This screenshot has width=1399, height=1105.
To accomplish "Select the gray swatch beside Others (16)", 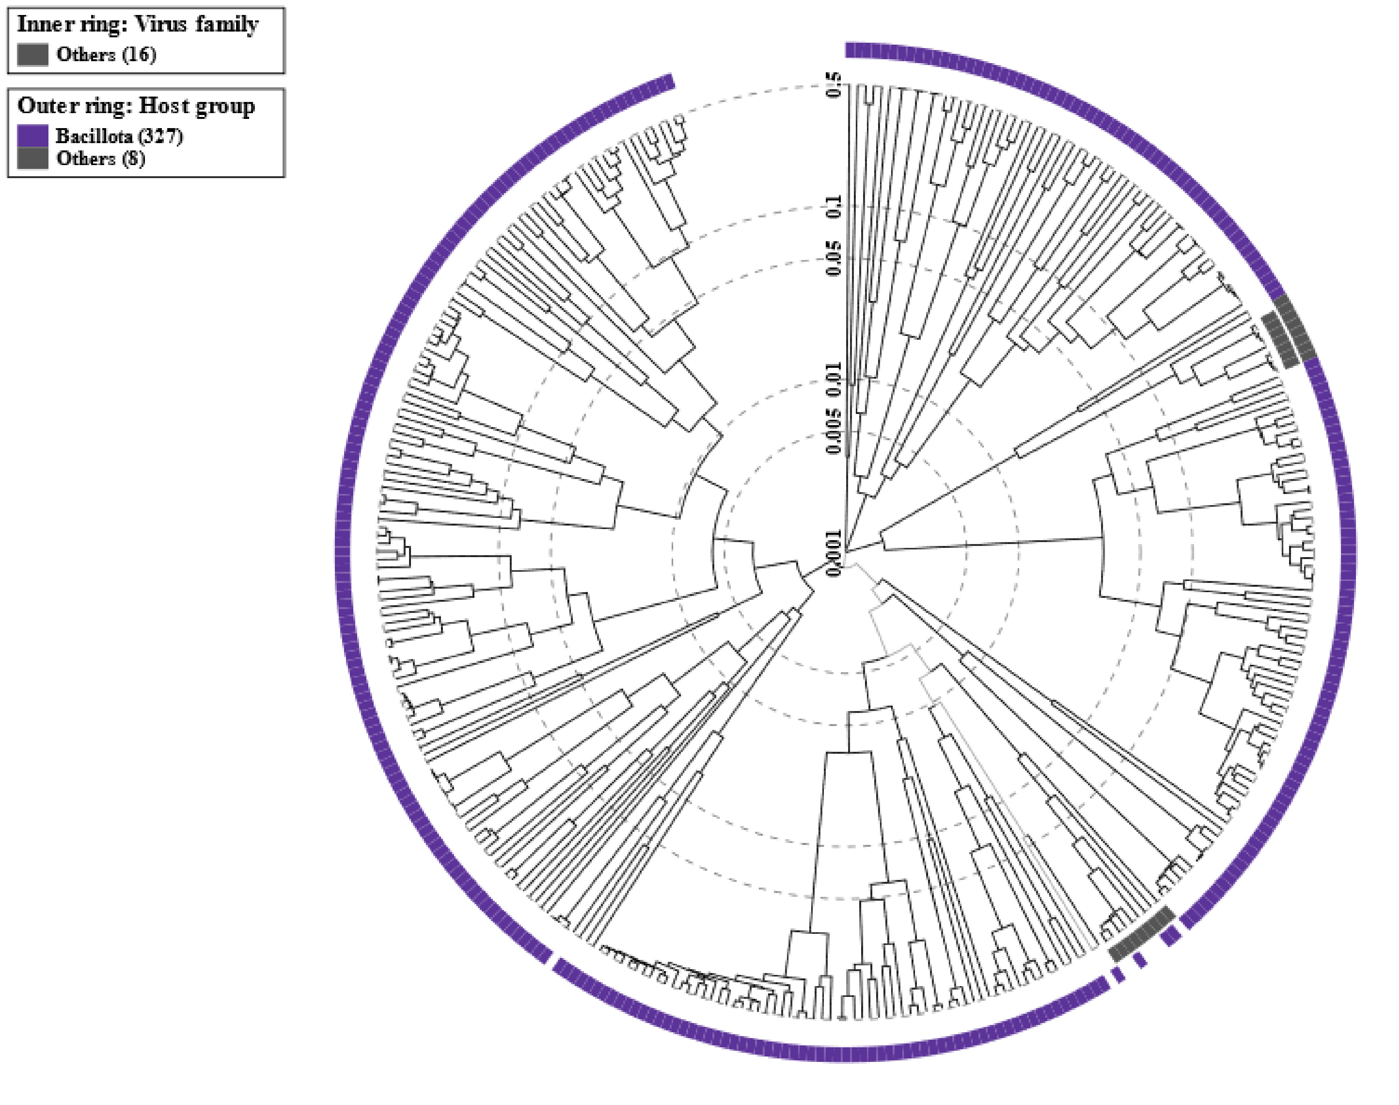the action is pyautogui.click(x=32, y=54).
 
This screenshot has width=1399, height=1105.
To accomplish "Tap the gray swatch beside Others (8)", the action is pyautogui.click(x=32, y=158).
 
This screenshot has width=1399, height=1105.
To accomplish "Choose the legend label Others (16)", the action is pyautogui.click(x=106, y=54).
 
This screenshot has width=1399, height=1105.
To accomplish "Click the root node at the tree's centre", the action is pyautogui.click(x=844, y=552).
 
